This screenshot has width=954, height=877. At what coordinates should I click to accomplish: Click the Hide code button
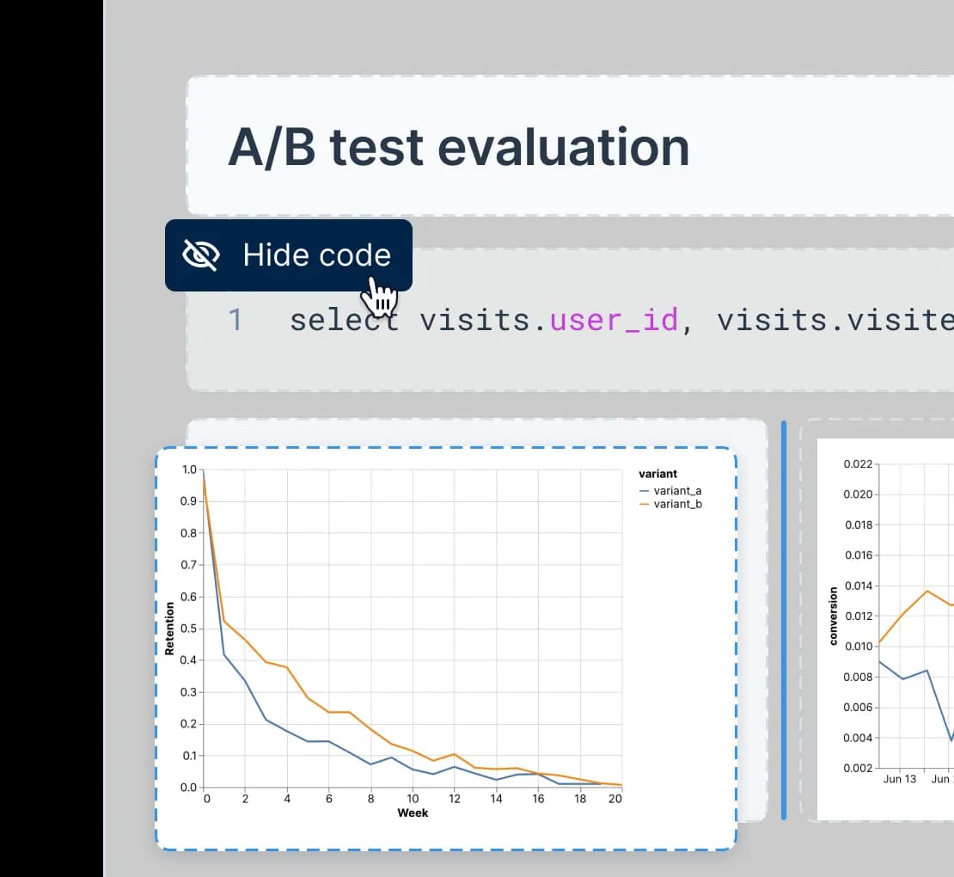coord(289,255)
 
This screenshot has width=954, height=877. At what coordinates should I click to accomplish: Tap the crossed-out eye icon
coord(201,255)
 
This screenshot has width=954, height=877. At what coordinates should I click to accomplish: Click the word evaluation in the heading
coord(564,147)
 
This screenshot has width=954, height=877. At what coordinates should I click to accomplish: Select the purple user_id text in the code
coord(614,320)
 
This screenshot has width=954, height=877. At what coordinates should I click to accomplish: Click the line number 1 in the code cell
coord(235,320)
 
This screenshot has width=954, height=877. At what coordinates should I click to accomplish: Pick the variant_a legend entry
coord(670,491)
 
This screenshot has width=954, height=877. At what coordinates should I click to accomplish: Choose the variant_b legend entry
coord(670,504)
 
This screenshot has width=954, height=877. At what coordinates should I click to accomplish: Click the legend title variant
coord(657,474)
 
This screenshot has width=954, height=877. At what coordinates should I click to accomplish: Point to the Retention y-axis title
coord(169,628)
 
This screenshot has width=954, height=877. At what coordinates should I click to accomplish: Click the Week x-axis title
coord(413,813)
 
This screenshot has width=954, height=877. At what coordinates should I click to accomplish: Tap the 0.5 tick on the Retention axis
coord(188,628)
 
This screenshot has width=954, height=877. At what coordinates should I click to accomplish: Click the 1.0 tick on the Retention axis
coord(189,469)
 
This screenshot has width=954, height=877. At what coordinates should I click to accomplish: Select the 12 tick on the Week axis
coord(455,799)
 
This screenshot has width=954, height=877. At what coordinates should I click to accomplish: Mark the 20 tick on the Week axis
coord(615,799)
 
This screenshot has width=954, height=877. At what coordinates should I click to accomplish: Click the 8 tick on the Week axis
coord(370,799)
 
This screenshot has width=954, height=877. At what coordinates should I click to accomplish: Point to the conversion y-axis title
coord(833,616)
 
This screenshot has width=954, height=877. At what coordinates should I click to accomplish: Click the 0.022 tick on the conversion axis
coord(858,463)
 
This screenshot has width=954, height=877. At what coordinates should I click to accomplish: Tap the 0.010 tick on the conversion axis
coord(858,646)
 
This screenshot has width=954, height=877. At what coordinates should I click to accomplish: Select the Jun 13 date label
coord(899,779)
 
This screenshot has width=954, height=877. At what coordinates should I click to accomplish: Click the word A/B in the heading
coord(272,147)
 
